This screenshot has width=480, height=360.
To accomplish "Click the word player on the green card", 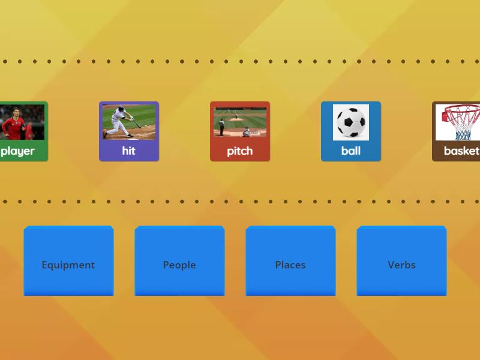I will [18, 151].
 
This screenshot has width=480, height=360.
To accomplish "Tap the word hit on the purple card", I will [129, 151].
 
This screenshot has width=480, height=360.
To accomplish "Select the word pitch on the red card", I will [240, 151].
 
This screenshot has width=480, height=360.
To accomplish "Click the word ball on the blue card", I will [351, 151].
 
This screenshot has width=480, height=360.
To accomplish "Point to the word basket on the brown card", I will [461, 151].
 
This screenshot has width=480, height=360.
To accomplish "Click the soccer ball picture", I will [351, 122].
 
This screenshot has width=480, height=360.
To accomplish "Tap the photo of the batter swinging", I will [129, 122].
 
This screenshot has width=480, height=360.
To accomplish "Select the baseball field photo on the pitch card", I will [240, 122].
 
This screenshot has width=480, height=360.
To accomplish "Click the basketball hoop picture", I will [459, 122].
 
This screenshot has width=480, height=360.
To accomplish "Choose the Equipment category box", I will [68, 260].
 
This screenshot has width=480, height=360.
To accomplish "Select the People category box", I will [179, 260].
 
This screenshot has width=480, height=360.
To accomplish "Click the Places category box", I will [290, 260].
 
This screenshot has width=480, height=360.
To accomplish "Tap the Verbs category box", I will [401, 260].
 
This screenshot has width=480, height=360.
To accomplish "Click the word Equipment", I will [68, 265].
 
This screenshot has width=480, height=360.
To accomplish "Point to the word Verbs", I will [401, 265].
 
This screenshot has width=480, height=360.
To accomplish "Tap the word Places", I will [290, 265].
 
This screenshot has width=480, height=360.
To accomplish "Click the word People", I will [179, 265].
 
